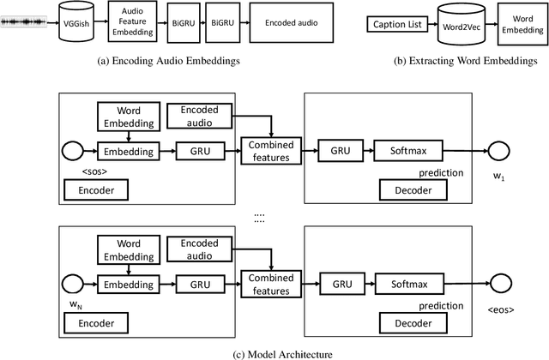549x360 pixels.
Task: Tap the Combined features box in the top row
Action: [x=270, y=152]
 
